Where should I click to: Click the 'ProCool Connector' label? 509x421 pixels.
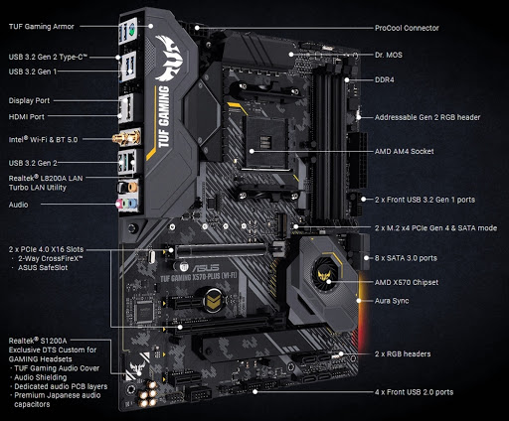tap(407, 28)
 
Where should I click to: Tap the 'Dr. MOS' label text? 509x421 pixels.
tap(389, 55)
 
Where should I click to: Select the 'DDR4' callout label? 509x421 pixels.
tap(385, 79)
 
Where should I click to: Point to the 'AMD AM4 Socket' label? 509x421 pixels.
tap(404, 151)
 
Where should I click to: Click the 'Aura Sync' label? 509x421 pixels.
tap(392, 301)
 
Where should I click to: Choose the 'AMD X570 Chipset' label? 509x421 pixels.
tap(407, 282)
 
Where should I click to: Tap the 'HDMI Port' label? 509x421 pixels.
tap(27, 116)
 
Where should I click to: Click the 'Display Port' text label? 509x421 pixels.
tap(29, 100)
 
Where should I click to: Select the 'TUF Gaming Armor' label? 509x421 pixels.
tap(42, 27)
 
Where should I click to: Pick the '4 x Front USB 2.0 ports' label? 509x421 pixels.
tap(414, 392)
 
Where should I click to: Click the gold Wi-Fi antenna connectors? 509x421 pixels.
tap(126, 137)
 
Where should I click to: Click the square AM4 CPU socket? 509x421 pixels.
tap(265, 142)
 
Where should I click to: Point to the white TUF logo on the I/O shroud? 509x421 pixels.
tap(169, 59)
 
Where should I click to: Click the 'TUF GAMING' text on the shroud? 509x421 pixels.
tap(163, 116)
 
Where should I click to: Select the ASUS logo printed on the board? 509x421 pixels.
tap(206, 267)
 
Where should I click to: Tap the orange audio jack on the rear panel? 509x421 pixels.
tap(132, 188)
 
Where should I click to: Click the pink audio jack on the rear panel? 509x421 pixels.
tap(119, 204)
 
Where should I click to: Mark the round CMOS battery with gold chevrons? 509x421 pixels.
tap(213, 300)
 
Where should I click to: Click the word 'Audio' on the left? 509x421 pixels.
tap(18, 205)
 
